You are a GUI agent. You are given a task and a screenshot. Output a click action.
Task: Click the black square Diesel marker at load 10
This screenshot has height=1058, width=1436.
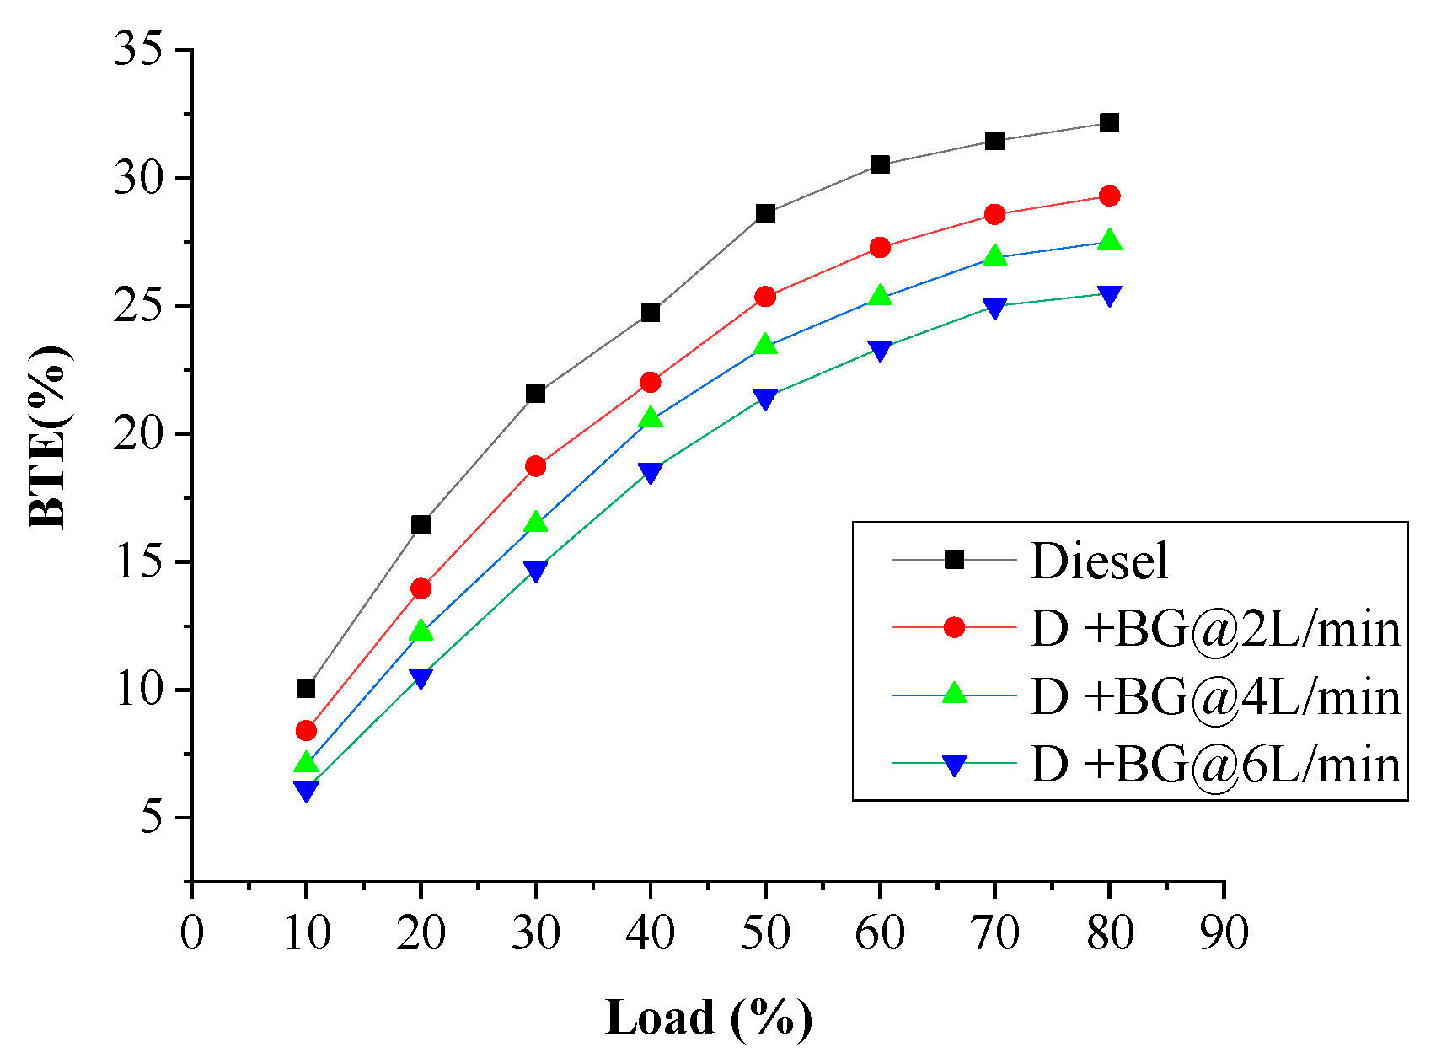click(306, 689)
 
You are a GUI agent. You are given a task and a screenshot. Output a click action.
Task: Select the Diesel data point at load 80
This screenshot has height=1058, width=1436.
click(1109, 123)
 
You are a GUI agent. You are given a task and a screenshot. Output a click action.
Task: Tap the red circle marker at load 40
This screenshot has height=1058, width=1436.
click(650, 383)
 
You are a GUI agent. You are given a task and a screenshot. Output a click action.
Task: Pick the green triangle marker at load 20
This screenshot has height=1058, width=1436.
click(421, 631)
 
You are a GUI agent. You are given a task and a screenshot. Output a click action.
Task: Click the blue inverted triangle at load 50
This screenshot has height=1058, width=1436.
click(765, 399)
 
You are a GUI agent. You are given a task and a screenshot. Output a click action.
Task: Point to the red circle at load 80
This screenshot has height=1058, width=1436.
click(1109, 196)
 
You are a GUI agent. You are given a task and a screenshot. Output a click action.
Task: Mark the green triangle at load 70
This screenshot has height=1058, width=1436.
click(994, 255)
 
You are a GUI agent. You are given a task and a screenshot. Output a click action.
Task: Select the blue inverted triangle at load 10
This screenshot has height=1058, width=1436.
click(306, 791)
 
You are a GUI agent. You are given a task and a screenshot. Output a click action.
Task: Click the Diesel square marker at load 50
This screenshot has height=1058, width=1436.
click(765, 213)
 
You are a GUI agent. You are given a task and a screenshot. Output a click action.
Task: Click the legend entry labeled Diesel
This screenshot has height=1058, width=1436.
click(1099, 561)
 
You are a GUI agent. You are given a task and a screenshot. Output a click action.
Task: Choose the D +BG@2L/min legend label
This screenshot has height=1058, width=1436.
click(1214, 629)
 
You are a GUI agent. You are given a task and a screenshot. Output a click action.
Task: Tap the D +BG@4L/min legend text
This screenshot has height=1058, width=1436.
click(1214, 697)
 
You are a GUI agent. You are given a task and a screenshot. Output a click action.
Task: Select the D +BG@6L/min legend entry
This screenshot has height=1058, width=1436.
click(1214, 765)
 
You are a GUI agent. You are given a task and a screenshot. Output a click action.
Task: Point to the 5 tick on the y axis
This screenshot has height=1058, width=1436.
click(152, 818)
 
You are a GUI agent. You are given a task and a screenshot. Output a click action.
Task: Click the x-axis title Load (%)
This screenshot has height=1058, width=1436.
click(709, 1018)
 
